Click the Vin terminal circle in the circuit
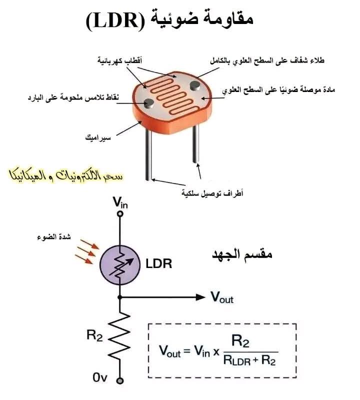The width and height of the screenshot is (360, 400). [x=120, y=213]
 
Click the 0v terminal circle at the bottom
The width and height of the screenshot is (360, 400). [x=120, y=379]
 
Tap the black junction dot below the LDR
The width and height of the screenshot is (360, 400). [x=120, y=296]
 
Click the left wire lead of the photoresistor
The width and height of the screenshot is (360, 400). [x=148, y=155]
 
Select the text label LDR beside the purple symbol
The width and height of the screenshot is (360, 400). [x=159, y=264]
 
